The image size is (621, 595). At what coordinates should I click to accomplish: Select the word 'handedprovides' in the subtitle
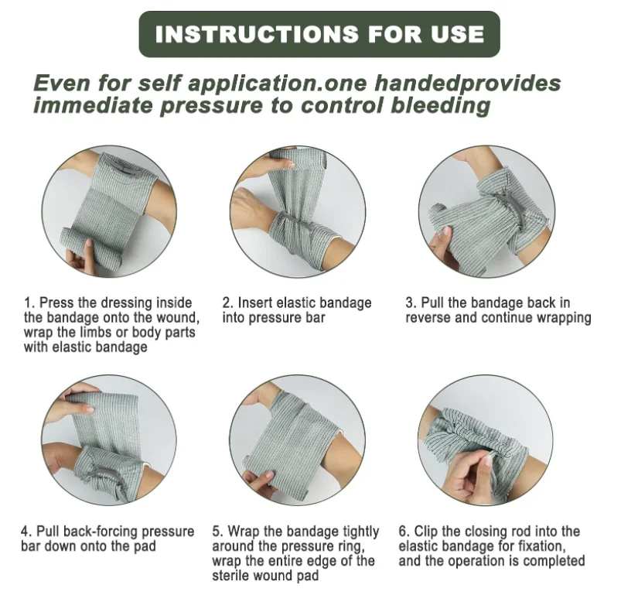468,84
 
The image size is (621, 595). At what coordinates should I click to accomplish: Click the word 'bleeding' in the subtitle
440,106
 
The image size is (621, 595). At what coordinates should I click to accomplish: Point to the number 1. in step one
29,303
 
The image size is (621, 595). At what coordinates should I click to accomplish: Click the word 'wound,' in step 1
178,318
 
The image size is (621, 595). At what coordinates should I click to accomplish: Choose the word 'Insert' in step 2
255,303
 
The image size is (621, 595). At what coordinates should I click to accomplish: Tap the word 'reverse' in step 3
428,318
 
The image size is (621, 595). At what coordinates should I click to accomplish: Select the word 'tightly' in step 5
360,532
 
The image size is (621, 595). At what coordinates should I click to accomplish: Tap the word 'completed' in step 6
554,562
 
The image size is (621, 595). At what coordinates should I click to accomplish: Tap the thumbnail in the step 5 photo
270,476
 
